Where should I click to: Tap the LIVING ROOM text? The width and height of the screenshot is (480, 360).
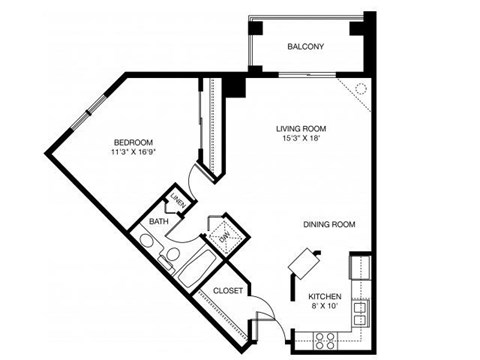click(x=302, y=129)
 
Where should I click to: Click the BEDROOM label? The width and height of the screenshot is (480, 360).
click(x=132, y=141)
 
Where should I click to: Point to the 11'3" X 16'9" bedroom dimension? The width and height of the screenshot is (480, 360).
click(x=132, y=153)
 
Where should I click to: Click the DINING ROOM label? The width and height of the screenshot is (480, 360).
click(x=330, y=225)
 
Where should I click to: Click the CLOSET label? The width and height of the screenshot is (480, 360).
click(x=229, y=291)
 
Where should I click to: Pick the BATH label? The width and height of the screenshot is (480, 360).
click(x=159, y=221)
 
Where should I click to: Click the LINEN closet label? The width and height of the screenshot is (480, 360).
click(x=178, y=201)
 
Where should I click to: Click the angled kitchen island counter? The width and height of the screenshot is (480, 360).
click(x=303, y=260)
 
